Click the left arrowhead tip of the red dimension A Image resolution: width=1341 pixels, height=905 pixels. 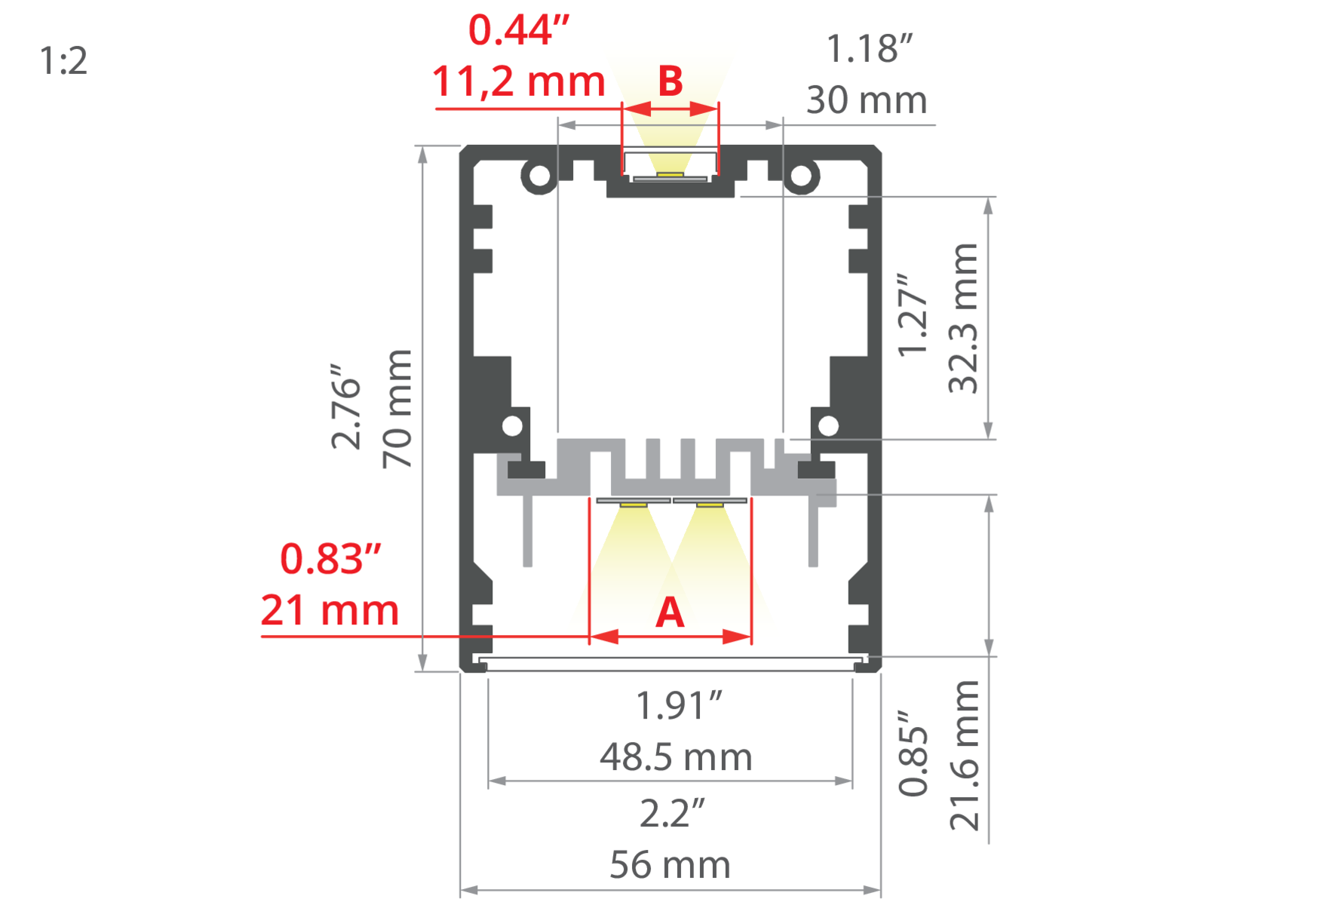click(x=590, y=637)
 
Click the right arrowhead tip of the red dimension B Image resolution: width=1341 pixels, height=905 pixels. click(x=719, y=109)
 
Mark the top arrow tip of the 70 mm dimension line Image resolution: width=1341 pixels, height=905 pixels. click(x=422, y=146)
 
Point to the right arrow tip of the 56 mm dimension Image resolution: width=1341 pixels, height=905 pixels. click(x=881, y=890)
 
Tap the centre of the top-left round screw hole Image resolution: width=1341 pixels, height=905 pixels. click(x=540, y=176)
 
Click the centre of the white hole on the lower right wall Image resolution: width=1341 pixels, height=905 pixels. click(x=828, y=426)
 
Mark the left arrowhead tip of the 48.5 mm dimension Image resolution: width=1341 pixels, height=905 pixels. click(x=489, y=781)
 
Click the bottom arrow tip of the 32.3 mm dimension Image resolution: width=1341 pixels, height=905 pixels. click(x=989, y=439)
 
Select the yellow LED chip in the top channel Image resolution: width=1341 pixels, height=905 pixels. click(x=670, y=174)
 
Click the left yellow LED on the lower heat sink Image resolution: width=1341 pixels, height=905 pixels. click(x=634, y=504)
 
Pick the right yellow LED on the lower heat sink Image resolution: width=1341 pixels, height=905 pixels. click(x=710, y=504)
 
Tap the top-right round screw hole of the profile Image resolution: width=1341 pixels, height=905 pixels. click(x=801, y=176)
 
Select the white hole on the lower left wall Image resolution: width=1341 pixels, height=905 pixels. click(x=512, y=426)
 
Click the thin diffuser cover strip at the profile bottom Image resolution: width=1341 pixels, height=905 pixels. click(x=670, y=664)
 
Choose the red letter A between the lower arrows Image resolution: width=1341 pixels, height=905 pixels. click(x=670, y=612)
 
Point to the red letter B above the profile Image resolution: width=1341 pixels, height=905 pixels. click(x=670, y=81)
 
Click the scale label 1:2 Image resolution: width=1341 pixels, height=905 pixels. click(x=63, y=60)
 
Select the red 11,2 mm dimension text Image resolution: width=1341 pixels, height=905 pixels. click(x=519, y=81)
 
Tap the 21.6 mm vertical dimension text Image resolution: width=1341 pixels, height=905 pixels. click(x=965, y=755)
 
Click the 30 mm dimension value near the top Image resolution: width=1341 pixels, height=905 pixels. click(x=867, y=100)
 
